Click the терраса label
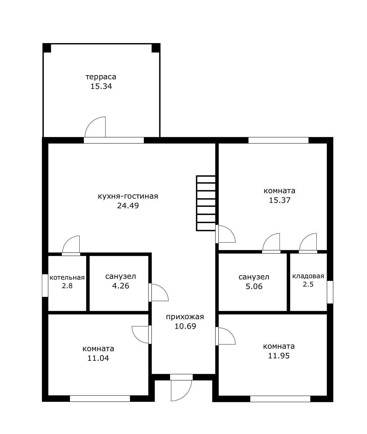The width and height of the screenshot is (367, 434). (x=101, y=77)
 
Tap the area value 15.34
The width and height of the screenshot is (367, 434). (x=101, y=86)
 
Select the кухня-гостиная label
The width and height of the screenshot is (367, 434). (x=128, y=196)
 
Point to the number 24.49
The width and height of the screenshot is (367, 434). (x=128, y=206)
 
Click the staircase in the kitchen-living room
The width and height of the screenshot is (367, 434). (x=206, y=203)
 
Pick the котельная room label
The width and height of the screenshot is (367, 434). (x=67, y=278)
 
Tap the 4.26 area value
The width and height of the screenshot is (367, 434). (x=121, y=286)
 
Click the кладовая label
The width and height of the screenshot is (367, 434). (x=308, y=276)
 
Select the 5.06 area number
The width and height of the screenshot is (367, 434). (x=254, y=286)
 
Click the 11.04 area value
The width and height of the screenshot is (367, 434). (x=98, y=358)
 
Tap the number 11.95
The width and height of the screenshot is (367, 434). (x=279, y=356)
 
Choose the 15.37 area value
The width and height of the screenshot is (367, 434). (x=280, y=200)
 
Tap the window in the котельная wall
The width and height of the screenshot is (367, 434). (x=45, y=285)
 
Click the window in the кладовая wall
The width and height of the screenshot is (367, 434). (x=330, y=292)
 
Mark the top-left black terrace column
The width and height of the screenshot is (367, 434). (x=47, y=48)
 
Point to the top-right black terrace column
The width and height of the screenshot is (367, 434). (x=156, y=48)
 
